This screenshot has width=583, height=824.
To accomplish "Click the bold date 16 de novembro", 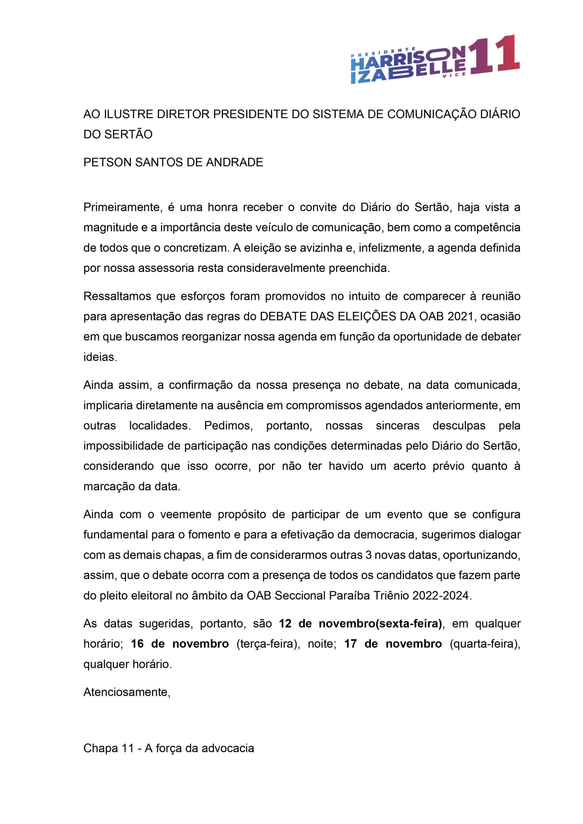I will coord(180,644).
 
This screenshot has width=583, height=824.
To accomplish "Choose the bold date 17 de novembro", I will coord(393,644).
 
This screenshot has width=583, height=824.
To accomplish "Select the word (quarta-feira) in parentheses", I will coord(485,644).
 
